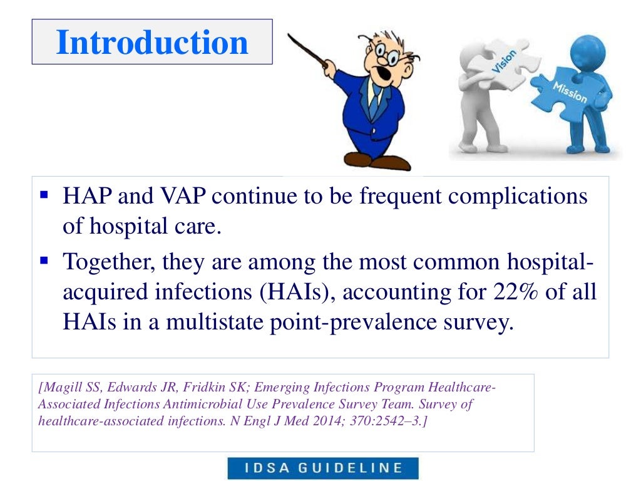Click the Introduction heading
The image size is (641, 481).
(x=152, y=42)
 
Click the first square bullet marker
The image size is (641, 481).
(x=44, y=195)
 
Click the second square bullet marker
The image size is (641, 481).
(x=44, y=259)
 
